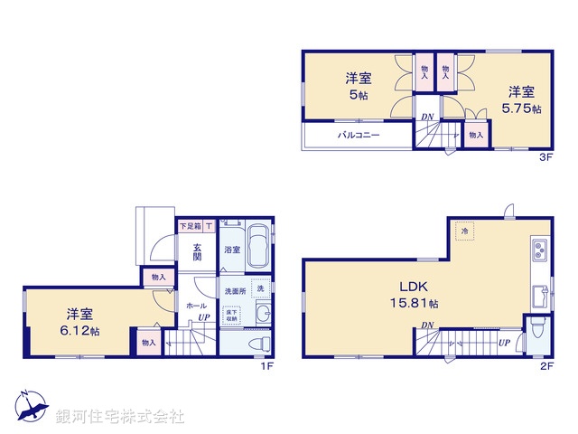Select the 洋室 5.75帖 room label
[520, 99]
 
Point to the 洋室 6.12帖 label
[81, 323]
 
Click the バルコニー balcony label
[359, 135]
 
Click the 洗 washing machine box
[261, 288]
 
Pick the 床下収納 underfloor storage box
[232, 314]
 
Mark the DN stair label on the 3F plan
[426, 117]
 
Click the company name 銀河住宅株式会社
[121, 417]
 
